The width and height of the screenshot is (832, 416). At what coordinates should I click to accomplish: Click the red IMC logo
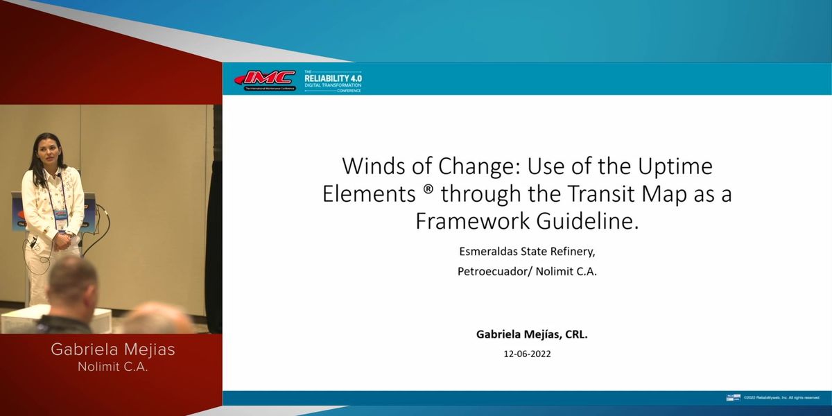click(x=266, y=79)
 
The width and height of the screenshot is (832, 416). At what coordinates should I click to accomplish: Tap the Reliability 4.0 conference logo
click(x=333, y=80)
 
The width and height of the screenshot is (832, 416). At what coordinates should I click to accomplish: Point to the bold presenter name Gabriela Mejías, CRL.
click(x=532, y=333)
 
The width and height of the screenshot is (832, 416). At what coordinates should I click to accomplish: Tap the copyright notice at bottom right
click(x=781, y=398)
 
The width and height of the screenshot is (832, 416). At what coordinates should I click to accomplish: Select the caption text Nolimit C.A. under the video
click(x=113, y=367)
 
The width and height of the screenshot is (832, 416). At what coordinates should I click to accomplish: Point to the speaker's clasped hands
click(x=62, y=240)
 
